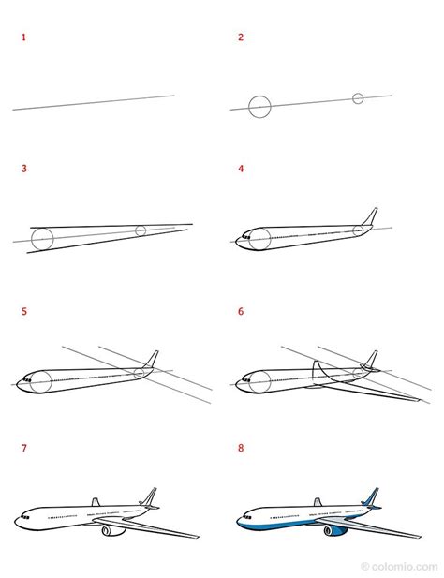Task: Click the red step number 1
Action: (24, 37)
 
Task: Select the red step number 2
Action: (241, 37)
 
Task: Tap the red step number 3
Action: (24, 169)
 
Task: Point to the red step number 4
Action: (241, 169)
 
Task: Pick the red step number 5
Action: (24, 312)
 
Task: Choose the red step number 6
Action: (241, 312)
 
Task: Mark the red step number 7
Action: (24, 448)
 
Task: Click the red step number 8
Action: (241, 448)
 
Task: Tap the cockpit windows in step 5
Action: (26, 379)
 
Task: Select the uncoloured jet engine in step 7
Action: (113, 531)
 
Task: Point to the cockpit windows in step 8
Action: (246, 517)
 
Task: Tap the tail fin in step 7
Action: (149, 497)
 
